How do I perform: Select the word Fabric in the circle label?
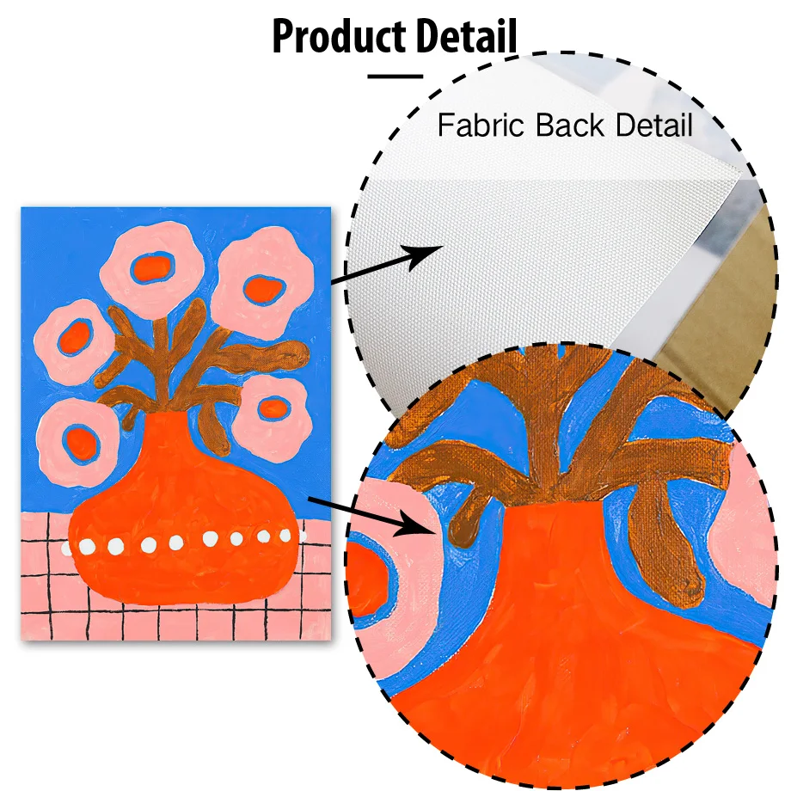[x=481, y=126]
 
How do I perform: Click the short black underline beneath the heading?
[x=395, y=76]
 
